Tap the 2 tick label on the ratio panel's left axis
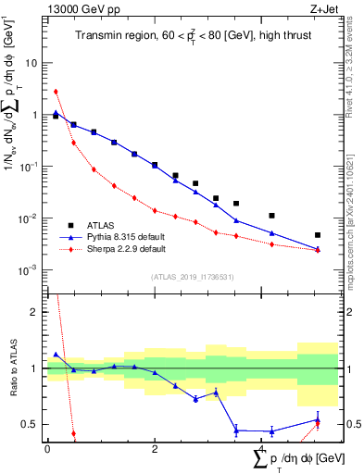34,312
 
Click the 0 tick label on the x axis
47,448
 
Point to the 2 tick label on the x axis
155,448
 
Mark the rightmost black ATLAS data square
318,235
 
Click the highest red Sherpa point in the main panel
56,92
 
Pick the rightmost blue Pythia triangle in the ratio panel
318,420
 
